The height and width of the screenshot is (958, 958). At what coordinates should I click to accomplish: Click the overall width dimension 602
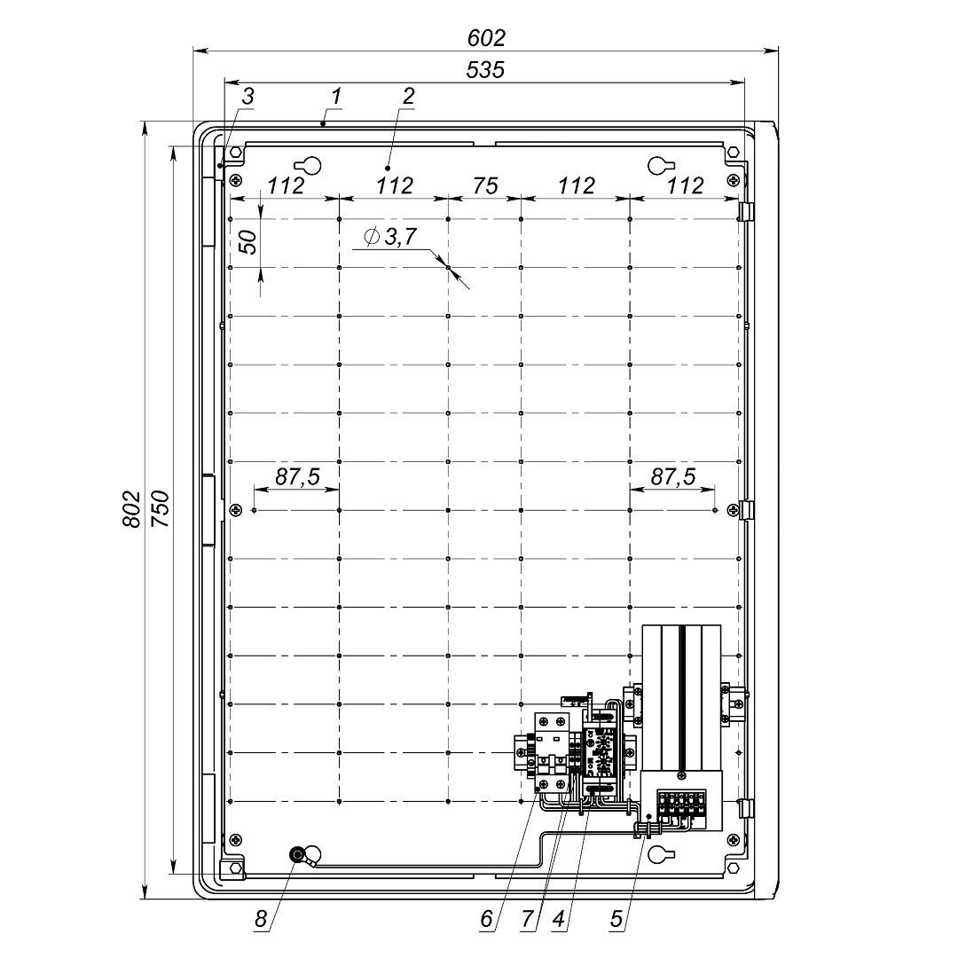(486, 38)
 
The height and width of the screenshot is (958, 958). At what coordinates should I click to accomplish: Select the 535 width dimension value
(485, 70)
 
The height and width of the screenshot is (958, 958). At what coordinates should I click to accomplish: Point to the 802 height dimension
(131, 509)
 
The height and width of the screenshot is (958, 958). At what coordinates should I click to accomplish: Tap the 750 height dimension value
(160, 509)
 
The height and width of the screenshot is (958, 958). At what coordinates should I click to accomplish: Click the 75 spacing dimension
(485, 185)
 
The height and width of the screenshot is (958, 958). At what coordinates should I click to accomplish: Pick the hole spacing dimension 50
(248, 242)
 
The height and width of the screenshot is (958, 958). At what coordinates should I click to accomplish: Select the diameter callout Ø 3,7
(389, 237)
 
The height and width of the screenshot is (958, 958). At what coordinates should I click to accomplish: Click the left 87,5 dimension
(297, 476)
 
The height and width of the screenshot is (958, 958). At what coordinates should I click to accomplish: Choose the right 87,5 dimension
(672, 476)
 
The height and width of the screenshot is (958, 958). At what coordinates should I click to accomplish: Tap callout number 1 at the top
(336, 97)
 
